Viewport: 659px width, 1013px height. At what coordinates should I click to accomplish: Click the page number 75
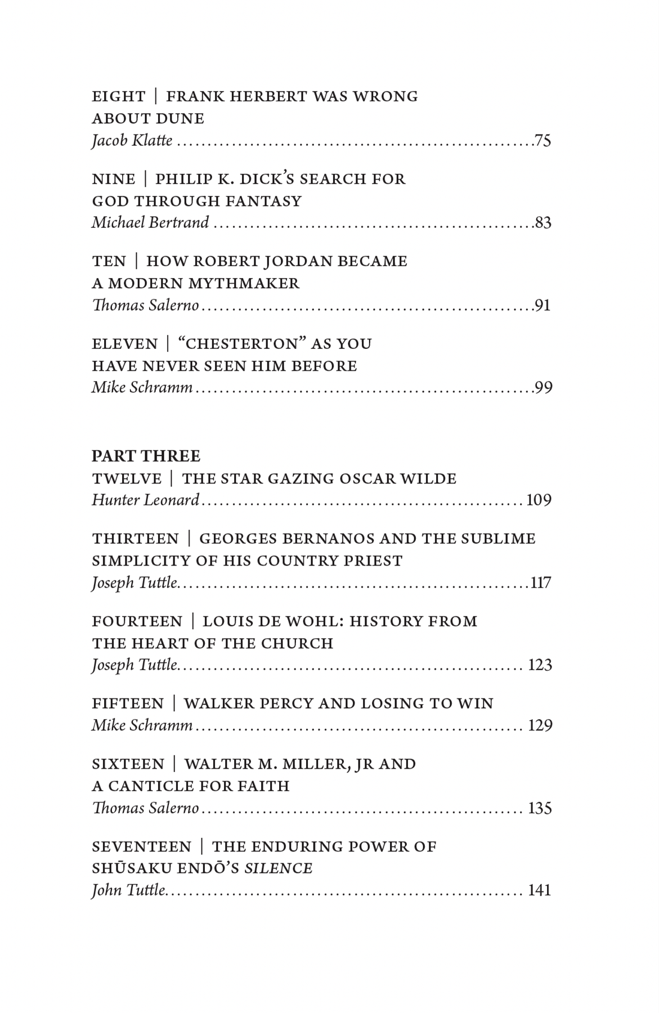pos(543,140)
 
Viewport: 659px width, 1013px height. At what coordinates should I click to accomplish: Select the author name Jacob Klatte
pos(132,140)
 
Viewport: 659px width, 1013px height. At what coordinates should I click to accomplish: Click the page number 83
pos(543,223)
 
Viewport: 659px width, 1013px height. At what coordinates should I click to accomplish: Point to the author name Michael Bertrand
pos(150,223)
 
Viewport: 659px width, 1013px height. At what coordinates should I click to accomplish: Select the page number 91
pos(543,306)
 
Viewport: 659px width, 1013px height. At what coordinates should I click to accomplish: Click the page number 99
pos(543,388)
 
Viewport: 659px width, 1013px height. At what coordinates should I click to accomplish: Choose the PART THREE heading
pos(146,456)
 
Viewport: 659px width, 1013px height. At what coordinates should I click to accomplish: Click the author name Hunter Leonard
pos(146,500)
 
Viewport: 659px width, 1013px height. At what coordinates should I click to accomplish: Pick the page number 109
pos(539,500)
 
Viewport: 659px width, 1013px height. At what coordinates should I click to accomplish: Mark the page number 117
pos(541,583)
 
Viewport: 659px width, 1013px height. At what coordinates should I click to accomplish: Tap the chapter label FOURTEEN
pos(137,622)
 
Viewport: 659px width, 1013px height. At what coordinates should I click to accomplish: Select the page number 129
pos(540,726)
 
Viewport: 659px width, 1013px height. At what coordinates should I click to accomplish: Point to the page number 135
pos(540,809)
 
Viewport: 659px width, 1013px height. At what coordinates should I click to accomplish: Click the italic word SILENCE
pos(278,869)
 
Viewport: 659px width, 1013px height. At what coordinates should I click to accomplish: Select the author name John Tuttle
pos(129,891)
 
